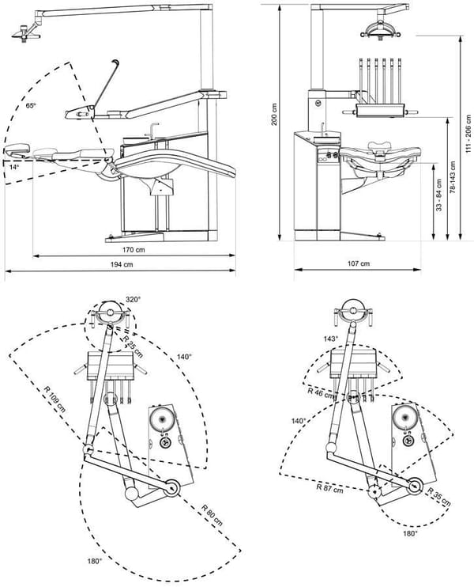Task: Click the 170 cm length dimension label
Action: (133, 250)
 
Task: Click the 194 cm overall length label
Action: (122, 265)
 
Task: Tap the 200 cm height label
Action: (274, 114)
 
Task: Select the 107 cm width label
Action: (359, 263)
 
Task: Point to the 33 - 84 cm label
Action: (439, 195)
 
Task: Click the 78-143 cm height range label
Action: (453, 177)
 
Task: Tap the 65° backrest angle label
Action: (31, 105)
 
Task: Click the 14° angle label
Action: (14, 168)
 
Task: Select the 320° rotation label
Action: (133, 300)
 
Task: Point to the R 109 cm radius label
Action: (55, 399)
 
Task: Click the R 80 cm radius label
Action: (212, 515)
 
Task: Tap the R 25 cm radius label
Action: (133, 346)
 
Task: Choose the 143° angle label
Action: (330, 339)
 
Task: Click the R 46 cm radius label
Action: (321, 392)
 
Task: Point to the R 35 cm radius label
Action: (439, 497)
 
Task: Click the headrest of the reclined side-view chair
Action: (17, 149)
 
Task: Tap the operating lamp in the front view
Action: (380, 29)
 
